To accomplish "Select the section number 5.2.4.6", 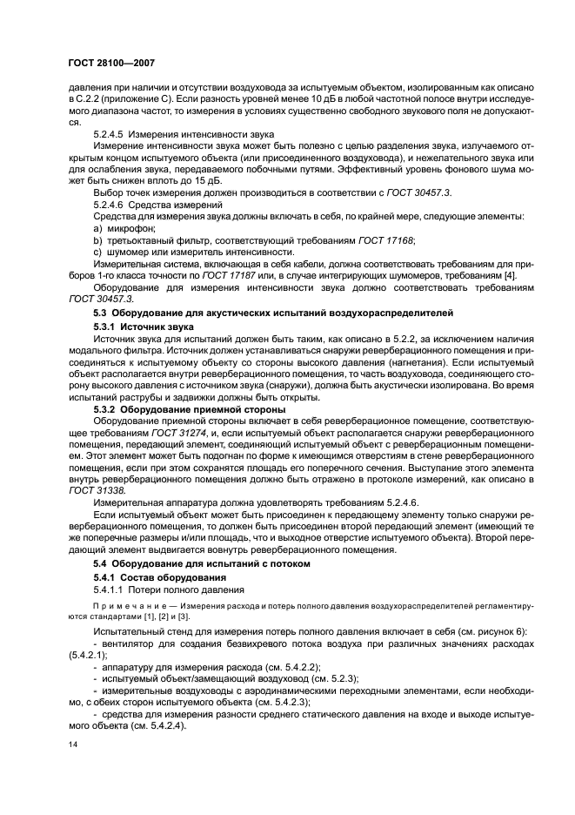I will tap(112, 202).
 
